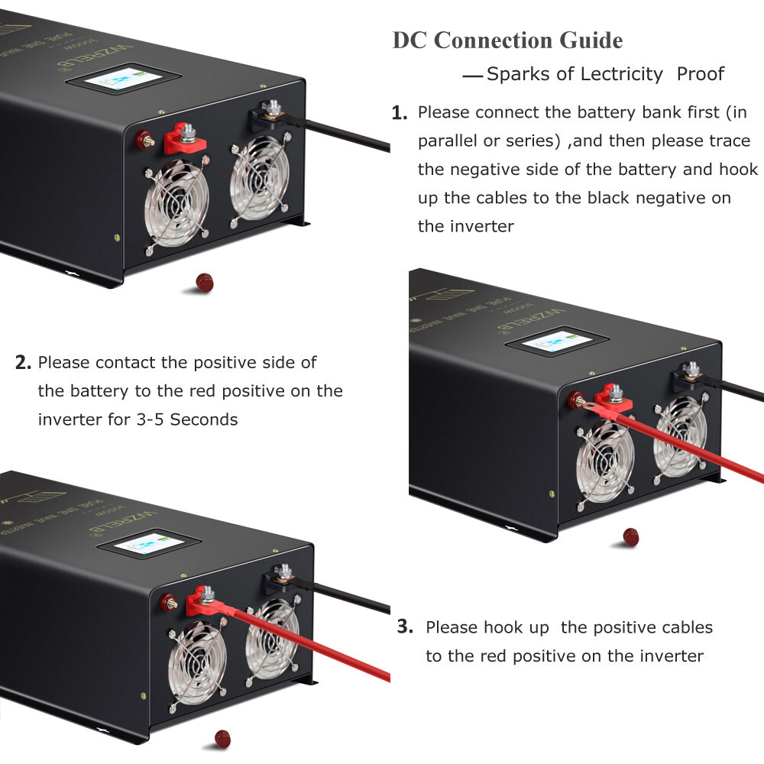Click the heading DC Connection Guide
click(507, 40)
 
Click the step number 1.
click(398, 114)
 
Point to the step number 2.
click(23, 362)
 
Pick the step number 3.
click(405, 628)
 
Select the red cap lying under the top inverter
click(205, 283)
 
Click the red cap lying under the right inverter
click(631, 536)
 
